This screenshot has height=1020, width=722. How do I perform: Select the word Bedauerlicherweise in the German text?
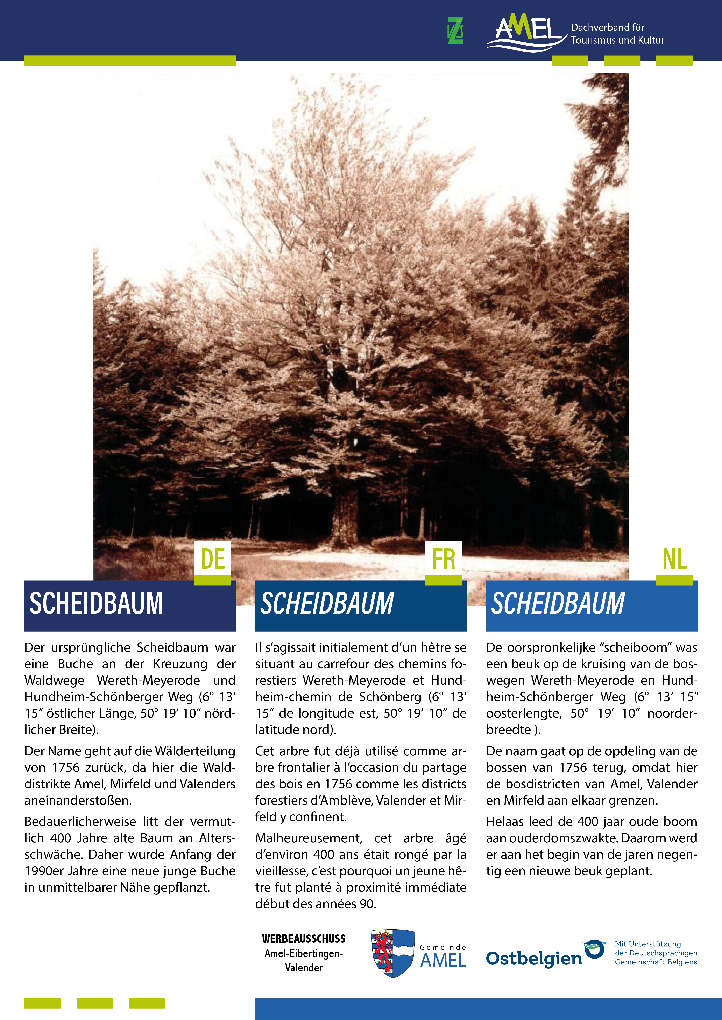click(x=80, y=821)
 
